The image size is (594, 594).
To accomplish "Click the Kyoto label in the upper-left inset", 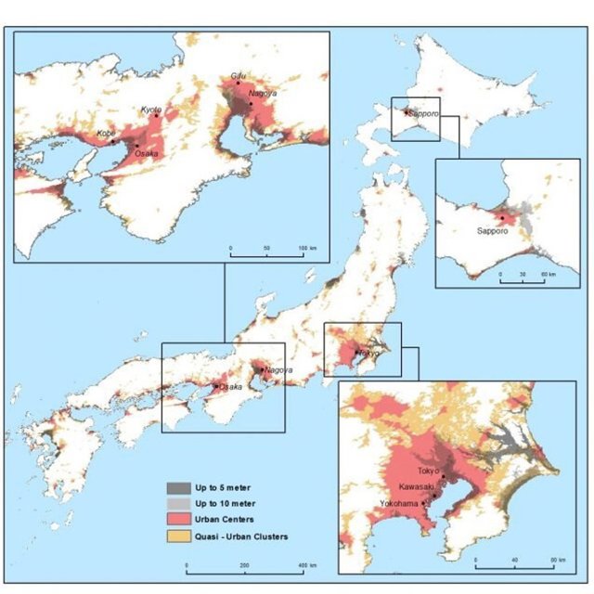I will click(x=150, y=110).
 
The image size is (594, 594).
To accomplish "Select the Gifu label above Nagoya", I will click(x=236, y=75).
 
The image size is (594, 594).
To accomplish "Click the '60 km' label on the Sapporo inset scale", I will click(x=550, y=276).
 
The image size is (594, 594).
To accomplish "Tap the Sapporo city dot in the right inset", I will click(x=502, y=218).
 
